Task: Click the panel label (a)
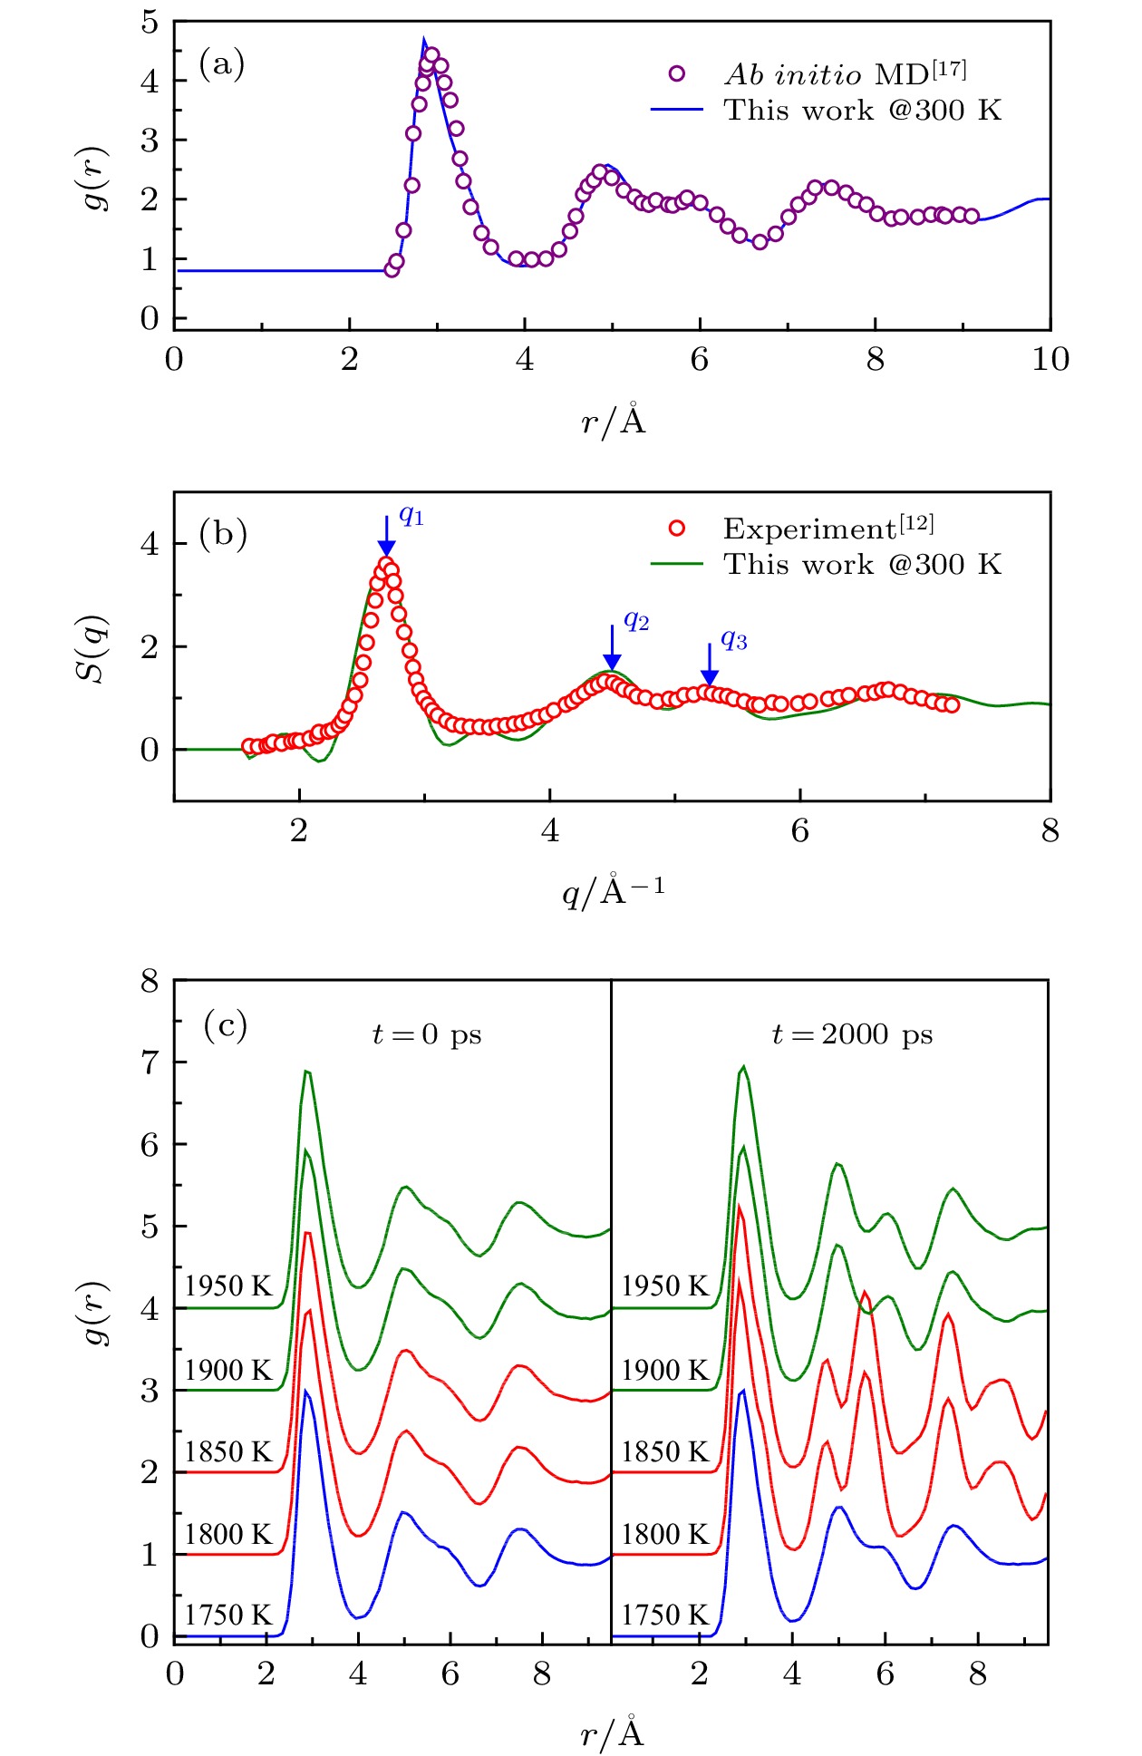pos(222,64)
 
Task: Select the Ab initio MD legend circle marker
pos(676,74)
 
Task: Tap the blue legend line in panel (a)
pos(676,110)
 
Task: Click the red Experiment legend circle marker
pos(676,529)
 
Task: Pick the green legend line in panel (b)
pos(676,564)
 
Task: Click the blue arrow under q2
pos(612,648)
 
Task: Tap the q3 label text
pos(733,640)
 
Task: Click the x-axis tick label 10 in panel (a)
pos(1050,360)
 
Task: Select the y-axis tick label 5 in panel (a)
pos(150,22)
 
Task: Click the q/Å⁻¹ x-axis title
pos(614,892)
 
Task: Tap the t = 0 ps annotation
pos(427,1034)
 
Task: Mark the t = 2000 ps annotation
pos(852,1034)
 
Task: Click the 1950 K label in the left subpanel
pos(228,1285)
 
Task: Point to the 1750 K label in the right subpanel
pos(664,1615)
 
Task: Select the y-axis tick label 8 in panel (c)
pos(150,981)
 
